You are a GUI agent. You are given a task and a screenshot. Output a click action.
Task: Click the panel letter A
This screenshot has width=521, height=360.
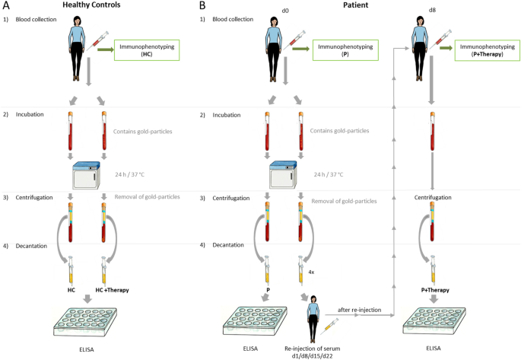click(x=6, y=6)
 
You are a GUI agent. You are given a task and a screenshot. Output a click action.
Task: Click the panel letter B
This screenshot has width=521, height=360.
click(x=202, y=6)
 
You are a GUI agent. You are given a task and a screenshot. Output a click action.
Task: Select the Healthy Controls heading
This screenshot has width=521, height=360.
click(x=92, y=6)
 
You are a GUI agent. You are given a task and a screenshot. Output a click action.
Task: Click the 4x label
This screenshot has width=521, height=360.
click(x=312, y=272)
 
